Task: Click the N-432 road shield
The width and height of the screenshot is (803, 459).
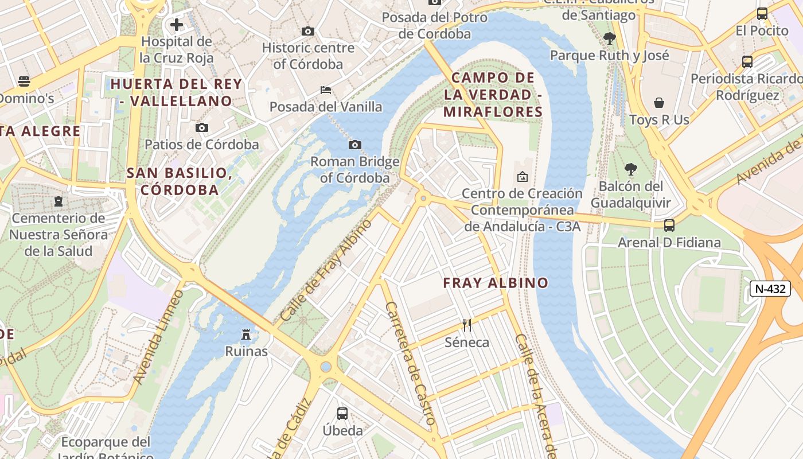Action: (770, 289)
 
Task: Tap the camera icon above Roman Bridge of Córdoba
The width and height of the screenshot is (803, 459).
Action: (355, 145)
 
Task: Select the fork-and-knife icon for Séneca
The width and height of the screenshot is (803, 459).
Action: (467, 325)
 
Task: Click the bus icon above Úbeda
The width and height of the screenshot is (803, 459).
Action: (342, 413)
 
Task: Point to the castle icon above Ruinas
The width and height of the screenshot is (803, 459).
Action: (246, 334)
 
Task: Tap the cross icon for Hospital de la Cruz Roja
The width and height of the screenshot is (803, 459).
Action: (177, 25)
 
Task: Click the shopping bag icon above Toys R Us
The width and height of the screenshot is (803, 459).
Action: (659, 103)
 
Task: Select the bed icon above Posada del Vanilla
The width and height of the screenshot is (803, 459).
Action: (326, 90)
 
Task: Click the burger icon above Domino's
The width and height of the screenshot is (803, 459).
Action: (24, 81)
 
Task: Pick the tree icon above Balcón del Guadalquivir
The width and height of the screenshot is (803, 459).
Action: (631, 169)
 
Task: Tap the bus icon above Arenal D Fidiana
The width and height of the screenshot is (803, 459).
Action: (669, 225)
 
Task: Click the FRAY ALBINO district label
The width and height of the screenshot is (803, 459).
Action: (496, 283)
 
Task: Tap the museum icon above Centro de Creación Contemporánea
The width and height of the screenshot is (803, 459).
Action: (522, 177)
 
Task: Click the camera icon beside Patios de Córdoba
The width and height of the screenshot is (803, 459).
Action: (202, 127)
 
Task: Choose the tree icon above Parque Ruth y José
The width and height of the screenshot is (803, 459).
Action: (609, 38)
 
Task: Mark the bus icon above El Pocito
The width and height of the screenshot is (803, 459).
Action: (762, 14)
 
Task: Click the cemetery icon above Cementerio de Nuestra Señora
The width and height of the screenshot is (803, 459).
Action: (58, 201)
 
